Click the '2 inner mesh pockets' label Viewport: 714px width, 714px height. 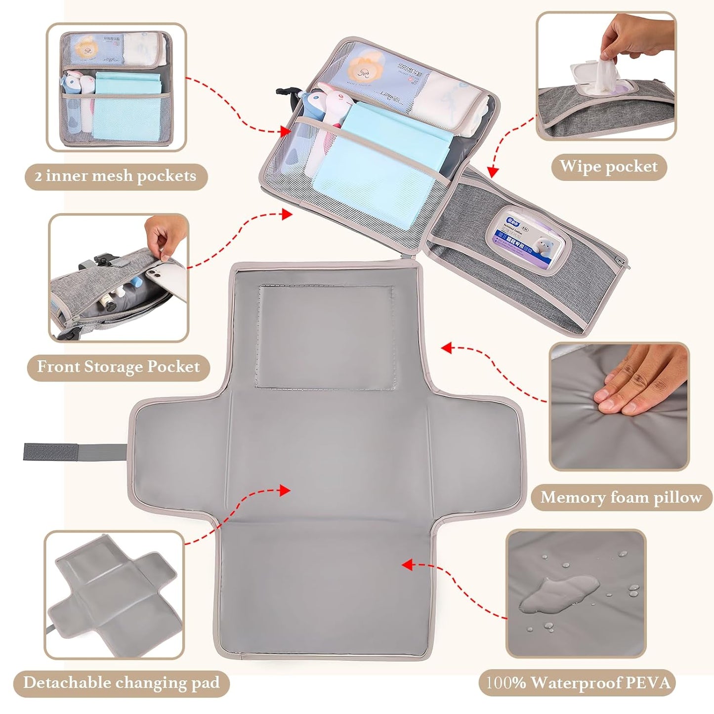(116, 176)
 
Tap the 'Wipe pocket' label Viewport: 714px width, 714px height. (609, 167)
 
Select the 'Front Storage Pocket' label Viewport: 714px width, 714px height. (119, 367)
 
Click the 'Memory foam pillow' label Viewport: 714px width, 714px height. (621, 497)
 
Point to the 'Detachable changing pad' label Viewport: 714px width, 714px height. (122, 683)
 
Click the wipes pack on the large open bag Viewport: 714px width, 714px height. (528, 239)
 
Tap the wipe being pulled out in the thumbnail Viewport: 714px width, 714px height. (606, 74)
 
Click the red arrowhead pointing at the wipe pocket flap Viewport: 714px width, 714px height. (491, 172)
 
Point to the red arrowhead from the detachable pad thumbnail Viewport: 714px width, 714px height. (284, 490)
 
